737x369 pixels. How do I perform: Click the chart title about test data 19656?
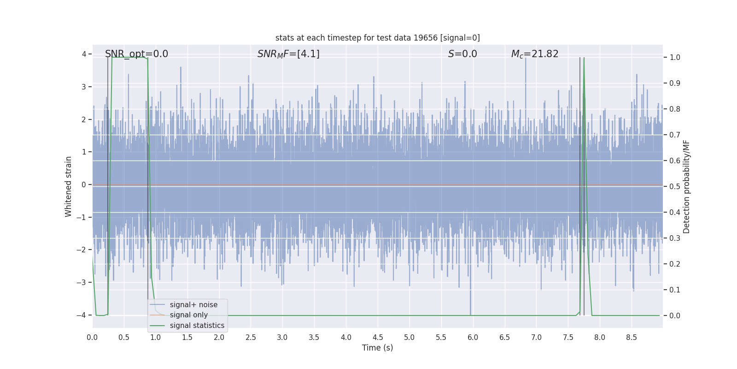point(377,38)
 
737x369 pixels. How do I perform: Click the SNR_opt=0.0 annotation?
point(136,54)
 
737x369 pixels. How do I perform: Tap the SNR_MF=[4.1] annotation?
point(288,54)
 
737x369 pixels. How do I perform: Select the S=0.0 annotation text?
point(462,54)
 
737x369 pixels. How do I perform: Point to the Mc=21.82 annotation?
point(534,54)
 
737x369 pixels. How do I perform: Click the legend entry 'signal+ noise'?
point(193,305)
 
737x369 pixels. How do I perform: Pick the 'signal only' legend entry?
point(188,315)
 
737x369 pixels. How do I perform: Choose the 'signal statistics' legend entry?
point(197,326)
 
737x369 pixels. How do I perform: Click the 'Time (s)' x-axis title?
point(377,348)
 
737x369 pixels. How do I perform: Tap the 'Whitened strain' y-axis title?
point(69,186)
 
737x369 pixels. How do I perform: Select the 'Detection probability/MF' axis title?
point(686,186)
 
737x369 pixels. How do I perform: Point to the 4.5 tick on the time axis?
point(378,338)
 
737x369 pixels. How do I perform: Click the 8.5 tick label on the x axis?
point(632,338)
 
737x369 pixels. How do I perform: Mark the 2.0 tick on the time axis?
point(219,338)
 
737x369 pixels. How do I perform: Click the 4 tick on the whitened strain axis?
point(84,54)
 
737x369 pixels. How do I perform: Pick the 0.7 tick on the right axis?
point(675,135)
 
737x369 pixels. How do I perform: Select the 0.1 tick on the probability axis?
point(675,290)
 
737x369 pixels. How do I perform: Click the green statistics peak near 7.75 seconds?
point(584,59)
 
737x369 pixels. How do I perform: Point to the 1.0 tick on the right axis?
point(675,58)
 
